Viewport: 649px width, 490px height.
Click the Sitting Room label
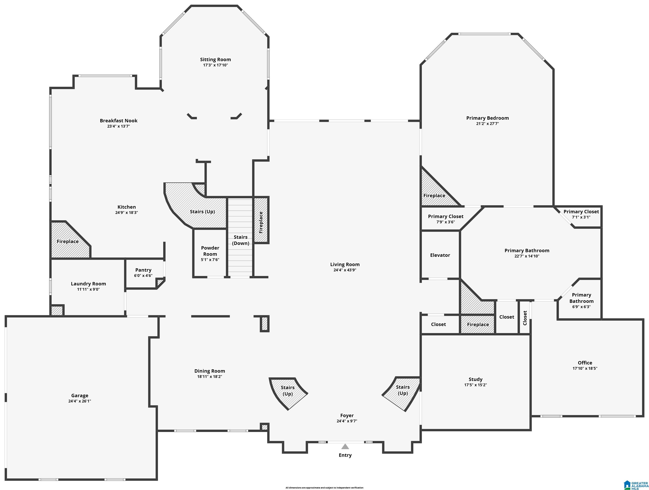pyautogui.click(x=215, y=60)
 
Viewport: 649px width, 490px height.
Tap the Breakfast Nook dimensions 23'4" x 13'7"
pyautogui.click(x=118, y=126)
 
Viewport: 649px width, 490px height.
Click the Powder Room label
pyautogui.click(x=210, y=251)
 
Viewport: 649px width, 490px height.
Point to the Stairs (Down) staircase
pyautogui.click(x=240, y=237)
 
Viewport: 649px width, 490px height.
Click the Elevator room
pyautogui.click(x=440, y=255)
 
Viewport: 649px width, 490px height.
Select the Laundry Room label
pyautogui.click(x=88, y=284)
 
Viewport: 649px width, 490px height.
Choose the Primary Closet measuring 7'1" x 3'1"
pyautogui.click(x=581, y=217)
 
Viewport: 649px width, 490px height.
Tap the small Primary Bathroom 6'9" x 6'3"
pyautogui.click(x=581, y=301)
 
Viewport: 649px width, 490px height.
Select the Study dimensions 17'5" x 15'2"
pyautogui.click(x=475, y=385)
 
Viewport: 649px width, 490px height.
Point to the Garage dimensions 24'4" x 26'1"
pyautogui.click(x=80, y=401)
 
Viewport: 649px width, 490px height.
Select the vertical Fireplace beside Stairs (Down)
pyautogui.click(x=261, y=220)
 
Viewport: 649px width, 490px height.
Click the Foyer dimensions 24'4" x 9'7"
pyautogui.click(x=347, y=421)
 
